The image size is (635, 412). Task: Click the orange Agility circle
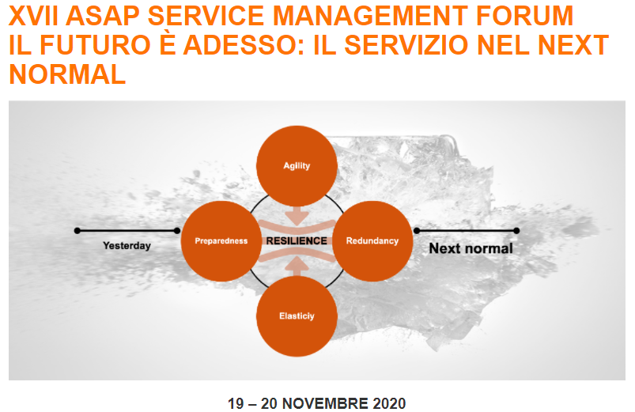click(x=297, y=166)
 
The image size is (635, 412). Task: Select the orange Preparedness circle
click(x=221, y=241)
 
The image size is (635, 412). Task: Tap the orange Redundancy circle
click(x=372, y=241)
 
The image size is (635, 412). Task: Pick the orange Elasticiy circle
click(x=297, y=316)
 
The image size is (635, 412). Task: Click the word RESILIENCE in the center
click(x=297, y=241)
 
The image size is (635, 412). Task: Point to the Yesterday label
click(x=127, y=246)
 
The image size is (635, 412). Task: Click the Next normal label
click(x=471, y=248)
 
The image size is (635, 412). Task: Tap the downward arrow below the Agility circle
click(x=297, y=217)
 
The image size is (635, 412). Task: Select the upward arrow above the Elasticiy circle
click(x=297, y=266)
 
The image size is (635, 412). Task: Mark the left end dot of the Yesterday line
click(x=77, y=231)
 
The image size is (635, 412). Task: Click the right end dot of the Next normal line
click(x=516, y=231)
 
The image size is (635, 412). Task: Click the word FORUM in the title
click(x=524, y=16)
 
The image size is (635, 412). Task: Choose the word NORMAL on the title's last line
click(x=67, y=74)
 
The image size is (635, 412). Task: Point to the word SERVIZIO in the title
click(x=406, y=45)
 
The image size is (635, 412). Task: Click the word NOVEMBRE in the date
click(x=325, y=403)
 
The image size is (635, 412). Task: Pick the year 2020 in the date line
click(x=389, y=403)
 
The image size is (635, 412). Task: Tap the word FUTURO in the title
click(x=95, y=45)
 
